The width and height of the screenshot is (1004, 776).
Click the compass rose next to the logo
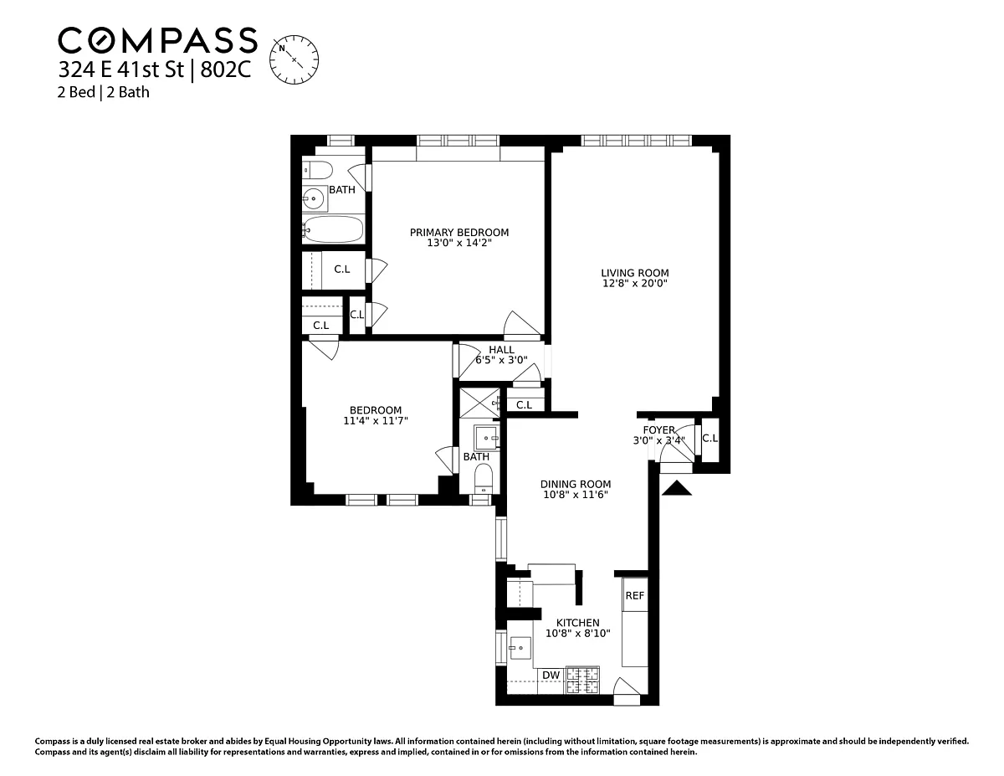pyautogui.click(x=294, y=59)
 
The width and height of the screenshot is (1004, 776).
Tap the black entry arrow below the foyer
pyautogui.click(x=676, y=488)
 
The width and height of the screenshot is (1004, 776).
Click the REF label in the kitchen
pyautogui.click(x=634, y=596)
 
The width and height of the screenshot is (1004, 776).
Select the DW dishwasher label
pyautogui.click(x=551, y=676)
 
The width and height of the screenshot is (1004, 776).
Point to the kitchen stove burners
pyautogui.click(x=582, y=681)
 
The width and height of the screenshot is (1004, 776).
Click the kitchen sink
pyautogui.click(x=520, y=648)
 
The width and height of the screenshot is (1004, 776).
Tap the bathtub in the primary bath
pyautogui.click(x=333, y=229)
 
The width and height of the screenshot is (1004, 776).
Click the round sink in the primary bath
pyautogui.click(x=314, y=199)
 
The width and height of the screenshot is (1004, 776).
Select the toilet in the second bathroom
pyautogui.click(x=484, y=478)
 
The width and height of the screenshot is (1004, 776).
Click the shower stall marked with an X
pyautogui.click(x=479, y=403)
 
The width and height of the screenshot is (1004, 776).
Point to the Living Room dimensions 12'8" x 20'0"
pyautogui.click(x=635, y=283)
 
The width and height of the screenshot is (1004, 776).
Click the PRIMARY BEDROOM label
pyautogui.click(x=459, y=233)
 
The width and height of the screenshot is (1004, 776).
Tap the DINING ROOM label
pyautogui.click(x=576, y=484)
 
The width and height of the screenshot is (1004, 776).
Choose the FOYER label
pyautogui.click(x=658, y=430)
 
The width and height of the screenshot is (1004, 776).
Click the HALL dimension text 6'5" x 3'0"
pyautogui.click(x=501, y=360)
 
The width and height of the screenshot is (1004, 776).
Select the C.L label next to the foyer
pyautogui.click(x=710, y=438)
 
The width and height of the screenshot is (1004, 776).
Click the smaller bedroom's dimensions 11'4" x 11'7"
pyautogui.click(x=376, y=420)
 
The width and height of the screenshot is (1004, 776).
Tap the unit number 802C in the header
pyautogui.click(x=226, y=69)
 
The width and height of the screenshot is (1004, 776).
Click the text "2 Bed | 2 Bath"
pyautogui.click(x=104, y=92)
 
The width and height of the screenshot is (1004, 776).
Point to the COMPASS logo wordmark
pyautogui.click(x=157, y=40)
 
